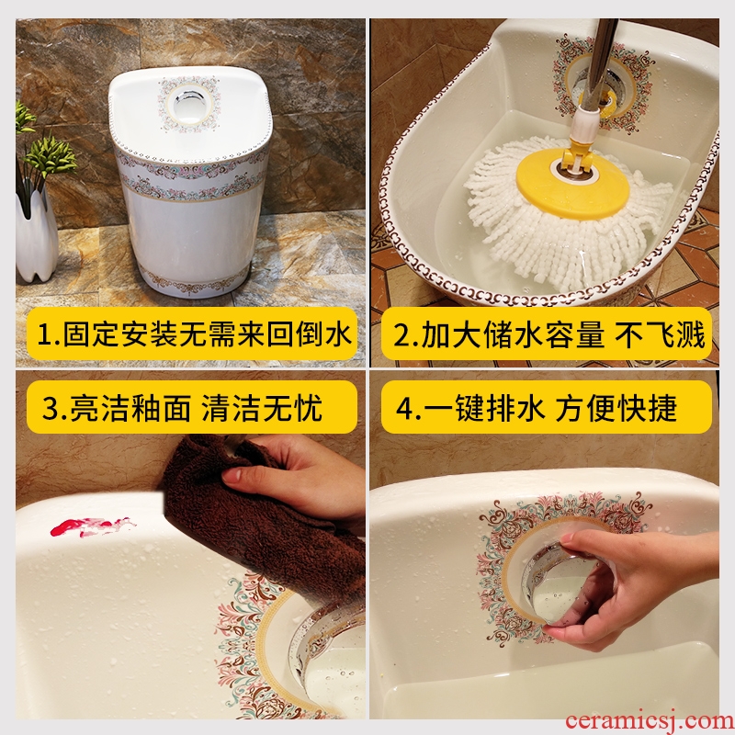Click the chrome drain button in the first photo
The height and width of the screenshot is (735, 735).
pyautogui.click(x=189, y=104)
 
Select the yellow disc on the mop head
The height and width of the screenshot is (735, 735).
pyautogui.click(x=572, y=185)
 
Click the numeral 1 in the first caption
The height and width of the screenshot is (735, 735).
pyautogui.click(x=45, y=335)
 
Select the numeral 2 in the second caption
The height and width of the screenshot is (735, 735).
pyautogui.click(x=401, y=335)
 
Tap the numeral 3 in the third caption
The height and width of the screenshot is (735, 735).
pyautogui.click(x=51, y=408)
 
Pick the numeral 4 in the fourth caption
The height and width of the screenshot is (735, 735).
pyautogui.click(x=405, y=408)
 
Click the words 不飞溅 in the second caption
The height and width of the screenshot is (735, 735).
pyautogui.click(x=660, y=335)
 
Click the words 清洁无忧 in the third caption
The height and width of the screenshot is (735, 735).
pyautogui.click(x=261, y=408)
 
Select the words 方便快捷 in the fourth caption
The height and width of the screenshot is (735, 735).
pyautogui.click(x=616, y=408)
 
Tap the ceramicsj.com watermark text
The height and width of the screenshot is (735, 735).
pyautogui.click(x=650, y=721)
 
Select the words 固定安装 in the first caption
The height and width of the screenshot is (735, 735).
pyautogui.click(x=120, y=335)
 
